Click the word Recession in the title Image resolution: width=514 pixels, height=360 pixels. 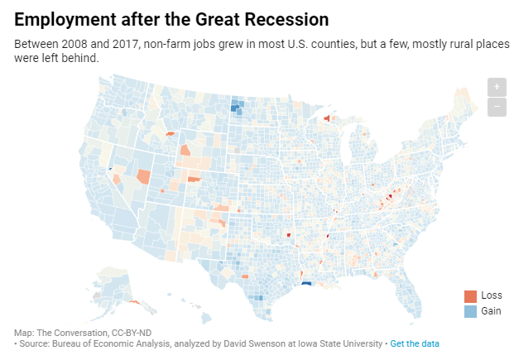pyautogui.click(x=282, y=18)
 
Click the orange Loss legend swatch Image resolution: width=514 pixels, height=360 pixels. pyautogui.click(x=470, y=296)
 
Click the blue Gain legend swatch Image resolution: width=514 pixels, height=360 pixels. pyautogui.click(x=470, y=311)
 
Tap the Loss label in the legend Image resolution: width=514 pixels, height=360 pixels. pyautogui.click(x=492, y=296)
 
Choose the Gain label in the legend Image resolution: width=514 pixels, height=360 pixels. pyautogui.click(x=492, y=311)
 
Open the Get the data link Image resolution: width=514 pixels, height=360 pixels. pyautogui.click(x=415, y=343)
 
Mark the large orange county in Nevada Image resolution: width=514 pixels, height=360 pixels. pyautogui.click(x=144, y=176)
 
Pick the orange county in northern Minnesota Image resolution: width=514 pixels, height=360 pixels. pyautogui.click(x=327, y=118)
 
